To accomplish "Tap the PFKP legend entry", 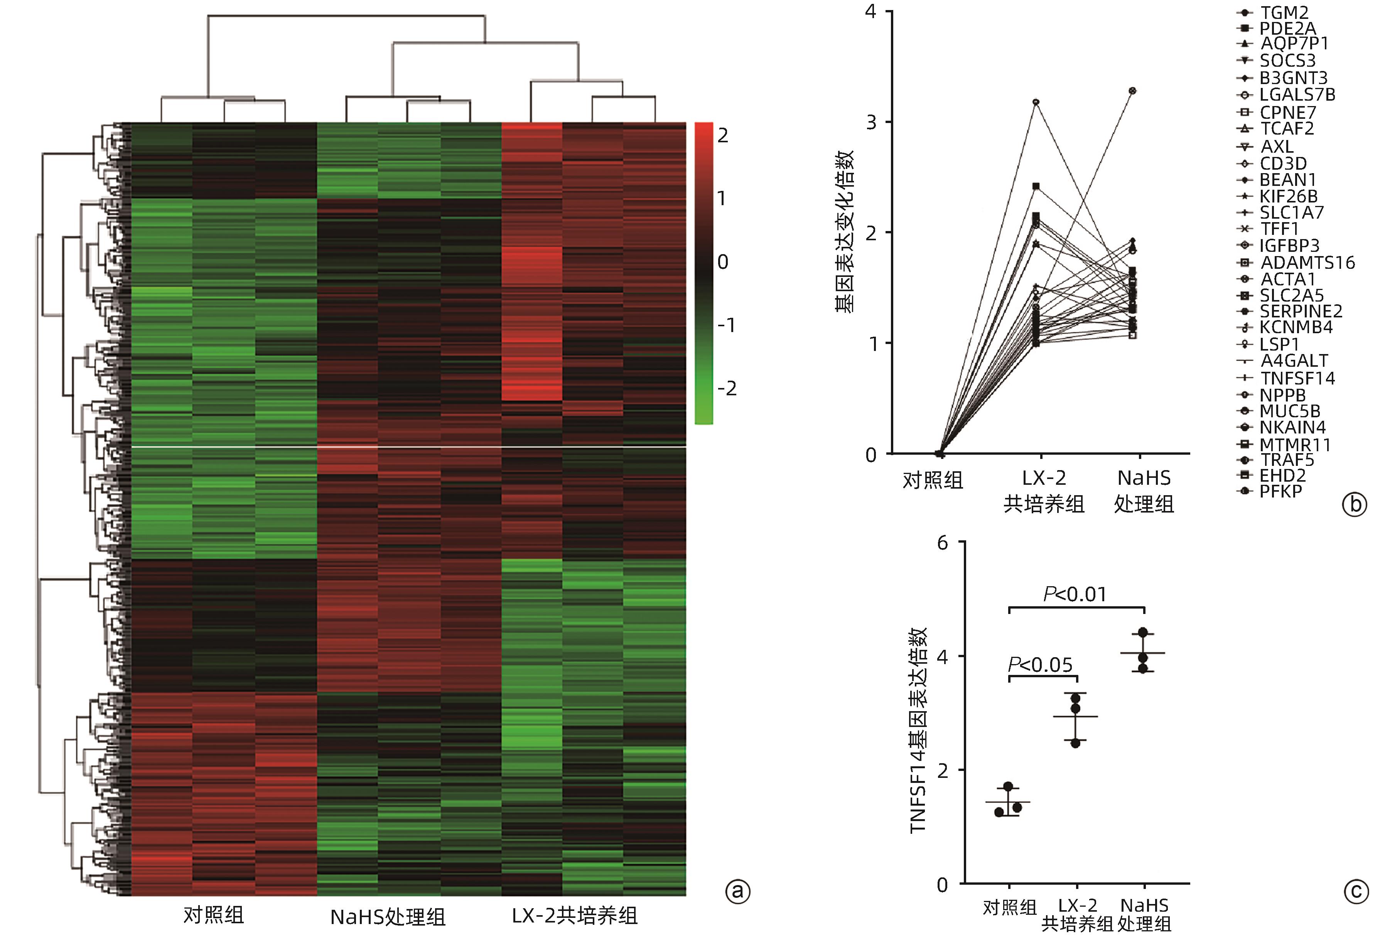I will pyautogui.click(x=1280, y=492).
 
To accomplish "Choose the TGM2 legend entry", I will pyautogui.click(x=1283, y=12).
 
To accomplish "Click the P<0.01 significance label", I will pyautogui.click(x=1075, y=594).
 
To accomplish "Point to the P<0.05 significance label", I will pyautogui.click(x=1040, y=664).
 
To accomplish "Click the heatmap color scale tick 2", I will pyautogui.click(x=723, y=136).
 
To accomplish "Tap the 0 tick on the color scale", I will pyautogui.click(x=723, y=261).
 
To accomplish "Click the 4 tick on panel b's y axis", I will pyautogui.click(x=871, y=11).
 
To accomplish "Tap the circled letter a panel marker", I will pyautogui.click(x=738, y=891).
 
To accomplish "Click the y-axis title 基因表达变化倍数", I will pyautogui.click(x=845, y=231).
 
